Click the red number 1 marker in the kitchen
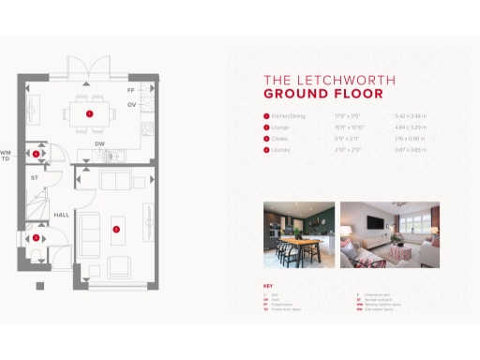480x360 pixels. tap(89, 113)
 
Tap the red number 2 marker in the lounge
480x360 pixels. tap(116, 228)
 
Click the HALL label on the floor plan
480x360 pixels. tap(61, 215)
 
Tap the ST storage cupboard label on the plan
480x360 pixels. tap(35, 176)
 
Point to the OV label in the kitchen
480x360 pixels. tap(131, 104)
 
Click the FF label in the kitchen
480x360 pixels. tap(131, 91)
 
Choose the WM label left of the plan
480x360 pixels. tap(6, 152)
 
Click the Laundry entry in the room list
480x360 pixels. tap(280, 148)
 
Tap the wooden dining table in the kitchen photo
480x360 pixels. tap(295, 242)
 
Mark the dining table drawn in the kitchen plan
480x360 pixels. tap(89, 113)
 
